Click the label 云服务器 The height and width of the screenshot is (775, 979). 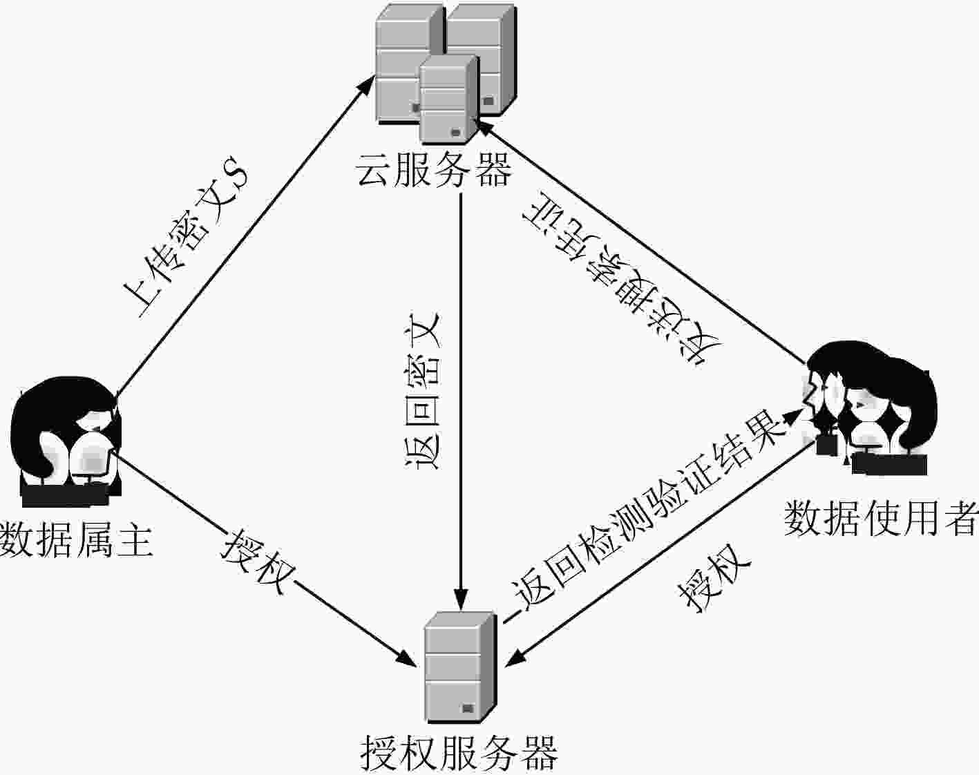pos(434,170)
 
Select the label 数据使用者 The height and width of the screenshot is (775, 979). pos(881,518)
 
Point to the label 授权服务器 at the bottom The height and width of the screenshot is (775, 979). pos(459,753)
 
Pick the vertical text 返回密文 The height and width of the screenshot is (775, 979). pos(422,391)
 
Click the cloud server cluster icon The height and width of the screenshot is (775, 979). pos(446,73)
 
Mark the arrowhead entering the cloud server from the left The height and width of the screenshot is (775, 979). pos(367,86)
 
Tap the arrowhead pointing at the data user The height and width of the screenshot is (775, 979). pos(794,415)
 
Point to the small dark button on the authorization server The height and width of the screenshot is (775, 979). pos(468,708)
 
